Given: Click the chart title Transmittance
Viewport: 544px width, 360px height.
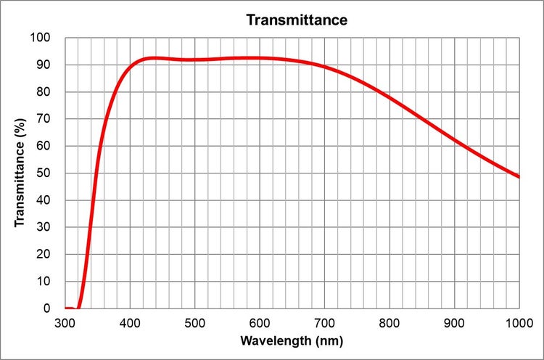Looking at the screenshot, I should click(x=297, y=20).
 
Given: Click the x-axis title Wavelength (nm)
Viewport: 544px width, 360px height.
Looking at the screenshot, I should click(x=292, y=340).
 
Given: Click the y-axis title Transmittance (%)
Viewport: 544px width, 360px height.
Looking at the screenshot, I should click(x=20, y=173).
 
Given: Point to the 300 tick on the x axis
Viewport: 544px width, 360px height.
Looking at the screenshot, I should click(x=65, y=322).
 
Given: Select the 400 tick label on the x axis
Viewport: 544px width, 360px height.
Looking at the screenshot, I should click(x=130, y=322).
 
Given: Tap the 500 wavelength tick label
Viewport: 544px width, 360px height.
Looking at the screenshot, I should click(x=194, y=322).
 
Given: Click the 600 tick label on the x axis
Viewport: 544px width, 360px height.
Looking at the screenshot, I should click(x=260, y=322).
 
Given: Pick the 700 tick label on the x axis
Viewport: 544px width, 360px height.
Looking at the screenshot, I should click(x=324, y=322).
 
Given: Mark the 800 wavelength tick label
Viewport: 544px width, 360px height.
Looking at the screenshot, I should click(x=390, y=322).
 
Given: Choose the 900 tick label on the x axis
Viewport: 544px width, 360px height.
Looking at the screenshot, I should click(x=454, y=322).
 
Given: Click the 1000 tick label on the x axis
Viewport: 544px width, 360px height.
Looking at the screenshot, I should click(x=518, y=322).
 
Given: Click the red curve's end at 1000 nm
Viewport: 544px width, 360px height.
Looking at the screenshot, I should click(x=519, y=176).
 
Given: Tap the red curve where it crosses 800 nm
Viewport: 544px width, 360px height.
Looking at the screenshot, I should click(x=390, y=97).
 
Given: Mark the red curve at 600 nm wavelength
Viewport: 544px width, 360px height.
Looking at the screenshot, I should click(x=260, y=58).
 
